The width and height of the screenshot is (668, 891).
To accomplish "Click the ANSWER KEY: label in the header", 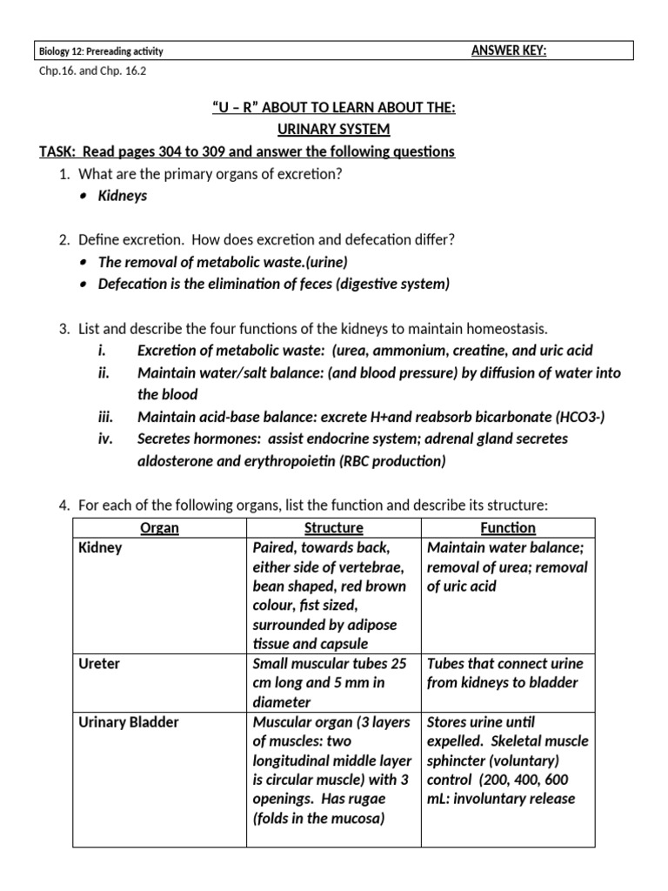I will click(508, 50).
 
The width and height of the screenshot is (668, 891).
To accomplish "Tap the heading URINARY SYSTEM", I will click(333, 129).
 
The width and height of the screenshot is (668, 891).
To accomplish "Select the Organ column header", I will click(159, 528).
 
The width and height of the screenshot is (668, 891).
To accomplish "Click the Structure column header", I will click(333, 528).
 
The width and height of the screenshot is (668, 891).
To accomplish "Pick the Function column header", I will click(508, 528).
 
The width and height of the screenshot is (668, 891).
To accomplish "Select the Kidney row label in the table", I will click(100, 548).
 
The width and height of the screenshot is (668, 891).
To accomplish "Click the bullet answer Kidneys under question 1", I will click(122, 196).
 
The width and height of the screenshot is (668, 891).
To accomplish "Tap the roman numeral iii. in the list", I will click(105, 417).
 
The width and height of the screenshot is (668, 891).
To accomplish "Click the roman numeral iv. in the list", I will click(106, 439).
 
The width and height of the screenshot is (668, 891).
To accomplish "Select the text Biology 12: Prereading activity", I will click(103, 51).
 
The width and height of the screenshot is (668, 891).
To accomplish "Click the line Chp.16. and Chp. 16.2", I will click(91, 71).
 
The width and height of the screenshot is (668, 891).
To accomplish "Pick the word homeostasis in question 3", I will click(506, 328).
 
